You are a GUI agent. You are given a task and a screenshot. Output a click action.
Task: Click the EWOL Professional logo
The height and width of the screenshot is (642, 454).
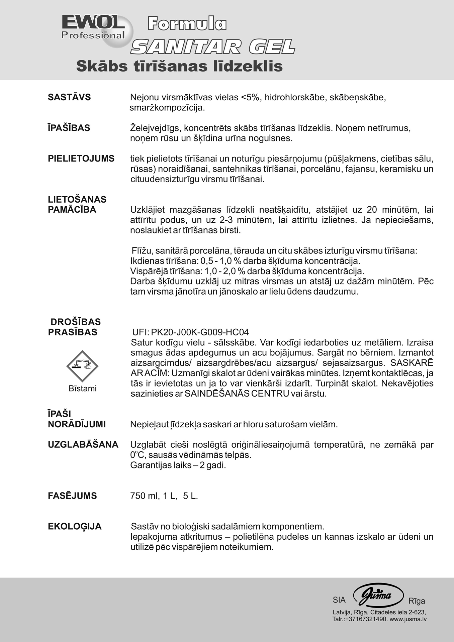pyautogui.click(x=94, y=28)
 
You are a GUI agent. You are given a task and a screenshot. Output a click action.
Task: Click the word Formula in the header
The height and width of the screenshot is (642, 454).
pyautogui.click(x=187, y=24)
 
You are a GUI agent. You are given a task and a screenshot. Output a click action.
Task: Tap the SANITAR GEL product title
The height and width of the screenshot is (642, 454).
pyautogui.click(x=213, y=46)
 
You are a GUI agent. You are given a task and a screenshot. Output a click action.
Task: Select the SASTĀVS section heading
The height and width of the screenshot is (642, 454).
pyautogui.click(x=69, y=97)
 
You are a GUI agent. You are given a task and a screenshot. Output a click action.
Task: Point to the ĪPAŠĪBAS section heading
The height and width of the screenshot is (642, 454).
pyautogui.click(x=69, y=128)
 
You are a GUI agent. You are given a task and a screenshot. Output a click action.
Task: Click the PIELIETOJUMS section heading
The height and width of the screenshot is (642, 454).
pyautogui.click(x=81, y=158)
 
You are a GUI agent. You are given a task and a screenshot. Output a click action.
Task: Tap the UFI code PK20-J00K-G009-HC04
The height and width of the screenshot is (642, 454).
pyautogui.click(x=200, y=332)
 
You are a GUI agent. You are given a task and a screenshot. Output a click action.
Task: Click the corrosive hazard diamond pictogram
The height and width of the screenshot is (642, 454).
pyautogui.click(x=82, y=366)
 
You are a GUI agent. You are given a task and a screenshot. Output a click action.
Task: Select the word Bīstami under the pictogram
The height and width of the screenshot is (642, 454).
pyautogui.click(x=82, y=389)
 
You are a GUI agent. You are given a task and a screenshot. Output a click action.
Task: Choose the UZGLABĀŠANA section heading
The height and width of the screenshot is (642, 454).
pyautogui.click(x=83, y=445)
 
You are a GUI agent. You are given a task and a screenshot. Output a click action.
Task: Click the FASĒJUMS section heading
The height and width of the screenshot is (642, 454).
pyautogui.click(x=72, y=496)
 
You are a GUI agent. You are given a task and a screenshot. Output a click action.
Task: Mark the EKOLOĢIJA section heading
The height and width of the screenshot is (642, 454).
pyautogui.click(x=75, y=527)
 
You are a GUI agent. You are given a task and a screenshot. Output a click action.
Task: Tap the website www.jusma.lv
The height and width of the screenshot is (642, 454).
pyautogui.click(x=408, y=619)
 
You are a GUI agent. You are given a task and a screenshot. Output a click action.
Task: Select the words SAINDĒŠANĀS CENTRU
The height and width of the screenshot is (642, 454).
pyautogui.click(x=237, y=394)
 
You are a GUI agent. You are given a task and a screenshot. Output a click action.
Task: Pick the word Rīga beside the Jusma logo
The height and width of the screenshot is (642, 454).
pyautogui.click(x=417, y=601)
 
